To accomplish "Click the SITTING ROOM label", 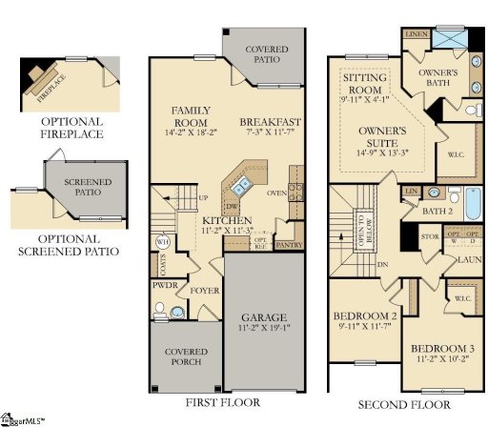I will [363, 84].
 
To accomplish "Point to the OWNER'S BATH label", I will [439, 78].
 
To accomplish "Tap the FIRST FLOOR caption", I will [223, 402].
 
